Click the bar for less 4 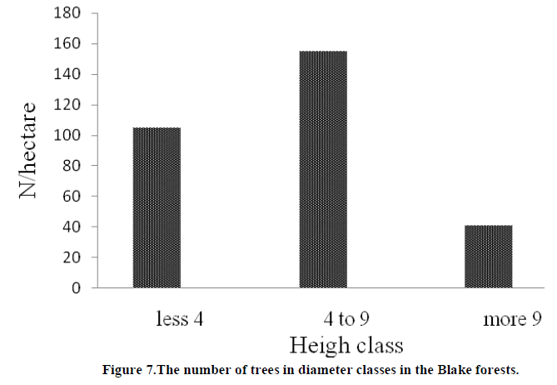(156, 207)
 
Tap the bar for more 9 (489, 257)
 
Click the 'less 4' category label (180, 318)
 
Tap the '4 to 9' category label (346, 318)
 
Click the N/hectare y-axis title (28, 150)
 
